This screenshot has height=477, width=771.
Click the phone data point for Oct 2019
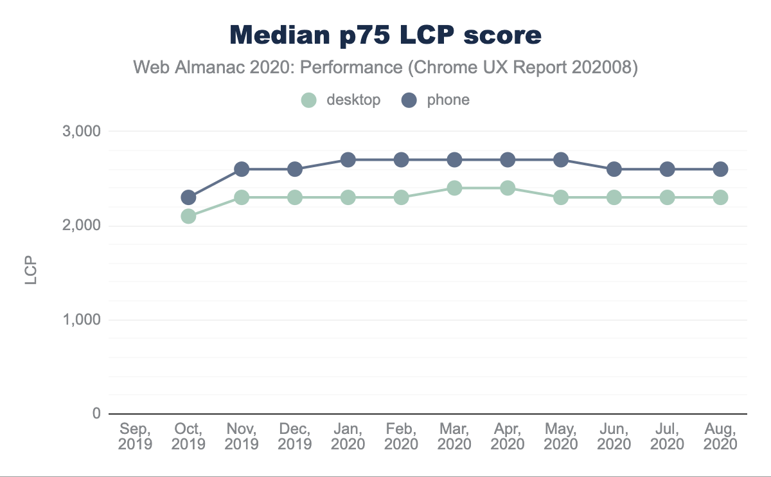tap(188, 197)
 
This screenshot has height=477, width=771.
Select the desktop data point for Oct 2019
tap(188, 216)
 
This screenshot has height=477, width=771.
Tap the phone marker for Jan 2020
tap(348, 159)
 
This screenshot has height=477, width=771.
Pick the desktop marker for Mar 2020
tap(454, 188)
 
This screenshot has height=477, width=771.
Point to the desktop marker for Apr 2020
tap(508, 188)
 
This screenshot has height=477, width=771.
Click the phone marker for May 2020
tap(561, 159)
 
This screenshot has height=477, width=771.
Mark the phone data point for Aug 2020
tap(720, 169)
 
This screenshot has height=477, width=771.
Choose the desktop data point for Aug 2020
tap(720, 197)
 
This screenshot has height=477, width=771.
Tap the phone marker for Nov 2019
tap(242, 169)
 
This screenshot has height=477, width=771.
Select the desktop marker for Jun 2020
tap(614, 197)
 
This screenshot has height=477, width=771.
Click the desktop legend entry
tap(341, 100)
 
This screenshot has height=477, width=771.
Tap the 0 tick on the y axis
tap(96, 414)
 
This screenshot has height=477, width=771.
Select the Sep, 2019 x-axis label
tap(136, 436)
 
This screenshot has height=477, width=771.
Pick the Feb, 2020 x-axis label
tap(401, 436)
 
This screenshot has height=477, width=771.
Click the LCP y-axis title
tap(31, 273)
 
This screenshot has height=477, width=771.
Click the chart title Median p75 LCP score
tap(385, 35)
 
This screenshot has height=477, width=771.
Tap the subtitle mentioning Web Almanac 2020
tap(385, 67)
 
